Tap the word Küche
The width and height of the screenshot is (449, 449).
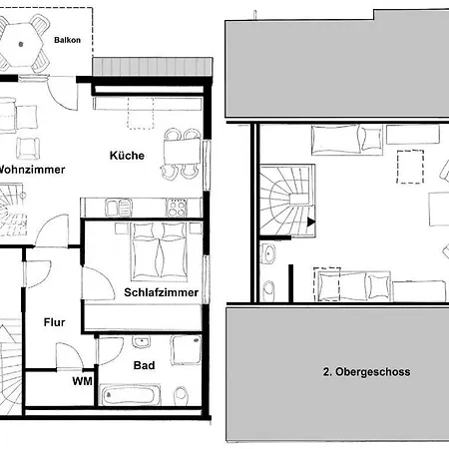coord(128,156)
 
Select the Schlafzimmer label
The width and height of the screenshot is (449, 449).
coord(162,293)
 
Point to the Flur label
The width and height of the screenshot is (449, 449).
coord(54,322)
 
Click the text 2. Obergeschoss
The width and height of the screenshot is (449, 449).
coord(366,371)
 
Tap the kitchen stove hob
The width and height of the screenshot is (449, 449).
coord(177,209)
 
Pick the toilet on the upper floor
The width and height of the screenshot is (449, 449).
coord(269,290)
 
